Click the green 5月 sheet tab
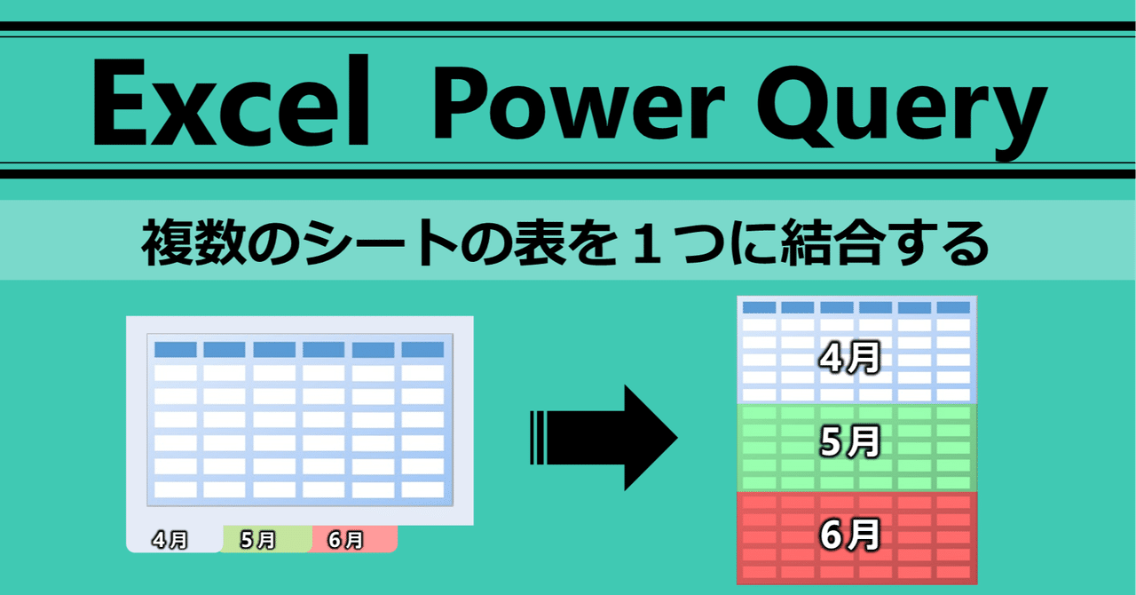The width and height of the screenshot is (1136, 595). coord(258,540)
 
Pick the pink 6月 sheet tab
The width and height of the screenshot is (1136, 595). coord(346,539)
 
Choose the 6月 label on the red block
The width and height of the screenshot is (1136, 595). coord(849,535)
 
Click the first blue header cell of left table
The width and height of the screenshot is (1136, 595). coord(176,350)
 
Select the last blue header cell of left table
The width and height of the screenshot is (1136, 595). coord(422,350)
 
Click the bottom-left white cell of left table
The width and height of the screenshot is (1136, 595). coord(176,489)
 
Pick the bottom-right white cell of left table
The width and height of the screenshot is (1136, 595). coord(422,489)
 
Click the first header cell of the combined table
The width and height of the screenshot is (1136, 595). coord(759,308)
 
